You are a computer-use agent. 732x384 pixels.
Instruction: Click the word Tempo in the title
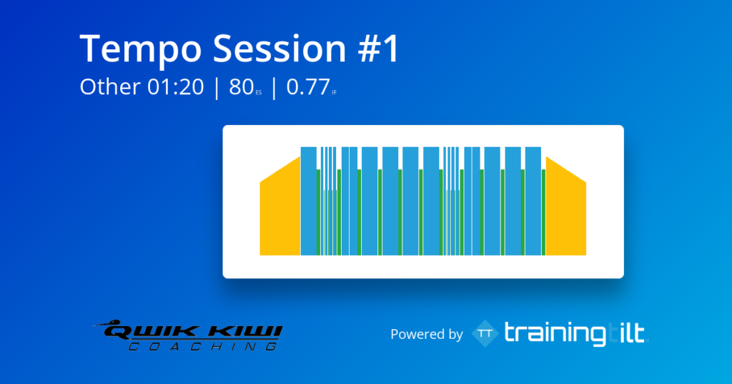(141, 49)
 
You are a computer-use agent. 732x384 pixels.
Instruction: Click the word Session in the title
(280, 48)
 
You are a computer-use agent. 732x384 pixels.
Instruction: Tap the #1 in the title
(379, 48)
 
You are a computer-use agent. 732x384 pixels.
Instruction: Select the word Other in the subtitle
(109, 86)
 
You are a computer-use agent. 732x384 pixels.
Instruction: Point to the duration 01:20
(176, 87)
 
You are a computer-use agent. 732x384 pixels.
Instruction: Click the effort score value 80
(242, 87)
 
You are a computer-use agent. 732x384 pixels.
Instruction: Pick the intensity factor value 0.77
(308, 87)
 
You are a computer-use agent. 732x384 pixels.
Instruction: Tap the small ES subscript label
(259, 93)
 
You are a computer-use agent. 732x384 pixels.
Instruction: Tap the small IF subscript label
(335, 93)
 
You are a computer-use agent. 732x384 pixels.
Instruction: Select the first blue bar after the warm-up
(309, 201)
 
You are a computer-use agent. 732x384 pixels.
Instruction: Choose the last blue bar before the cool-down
(533, 201)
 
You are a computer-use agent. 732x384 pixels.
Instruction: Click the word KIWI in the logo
(246, 333)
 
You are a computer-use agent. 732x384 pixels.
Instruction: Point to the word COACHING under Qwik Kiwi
(202, 346)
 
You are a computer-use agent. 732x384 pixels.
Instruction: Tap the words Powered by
(426, 334)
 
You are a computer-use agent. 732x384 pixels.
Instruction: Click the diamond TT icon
(485, 333)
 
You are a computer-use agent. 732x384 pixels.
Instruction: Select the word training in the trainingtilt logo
(555, 334)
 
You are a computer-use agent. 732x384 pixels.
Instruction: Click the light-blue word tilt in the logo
(627, 333)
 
